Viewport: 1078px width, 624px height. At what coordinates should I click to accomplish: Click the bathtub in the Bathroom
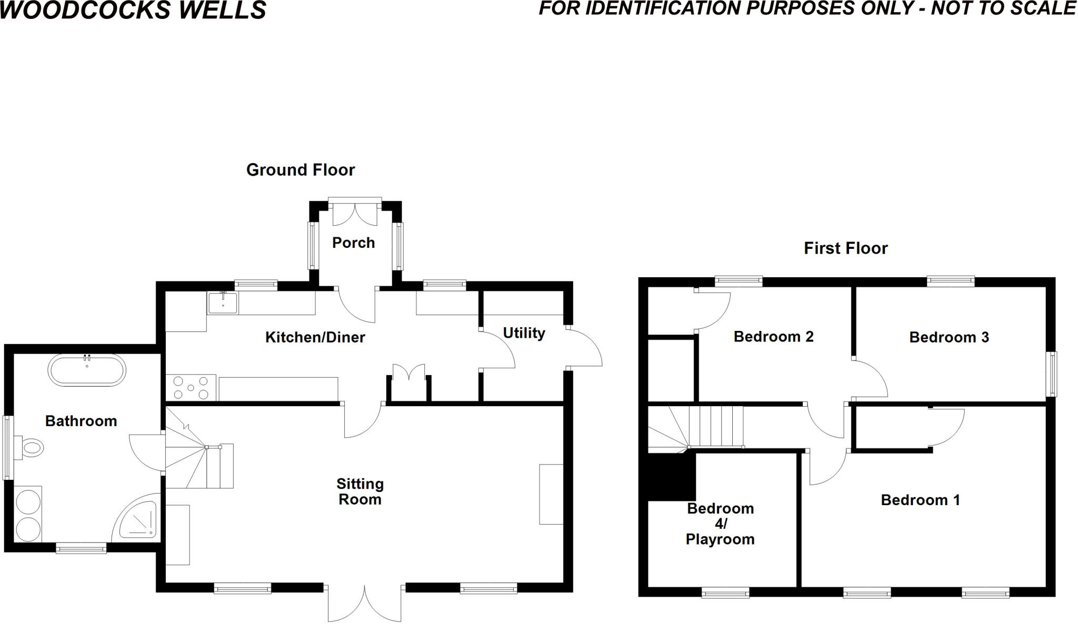[x=87, y=370]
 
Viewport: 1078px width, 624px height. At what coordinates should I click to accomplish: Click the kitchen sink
[x=223, y=303]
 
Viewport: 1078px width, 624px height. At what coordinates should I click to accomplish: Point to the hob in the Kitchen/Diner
[x=191, y=387]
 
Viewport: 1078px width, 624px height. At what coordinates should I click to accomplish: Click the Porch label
[x=353, y=243]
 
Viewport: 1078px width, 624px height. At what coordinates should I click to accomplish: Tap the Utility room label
[x=524, y=333]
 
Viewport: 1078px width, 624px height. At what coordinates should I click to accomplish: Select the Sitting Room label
[x=360, y=491]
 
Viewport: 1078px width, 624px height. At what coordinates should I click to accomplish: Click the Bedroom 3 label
[x=949, y=337]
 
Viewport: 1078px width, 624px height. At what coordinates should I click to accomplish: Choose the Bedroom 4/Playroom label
[x=720, y=524]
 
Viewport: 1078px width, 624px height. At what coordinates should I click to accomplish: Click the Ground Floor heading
[x=301, y=170]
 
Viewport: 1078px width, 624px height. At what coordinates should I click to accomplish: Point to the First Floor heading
[x=845, y=248]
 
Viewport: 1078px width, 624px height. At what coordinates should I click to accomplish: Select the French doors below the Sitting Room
[x=365, y=604]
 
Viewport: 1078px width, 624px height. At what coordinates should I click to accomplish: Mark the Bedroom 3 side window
[x=1051, y=374]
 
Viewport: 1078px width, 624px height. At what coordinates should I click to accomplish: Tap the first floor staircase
[x=700, y=427]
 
